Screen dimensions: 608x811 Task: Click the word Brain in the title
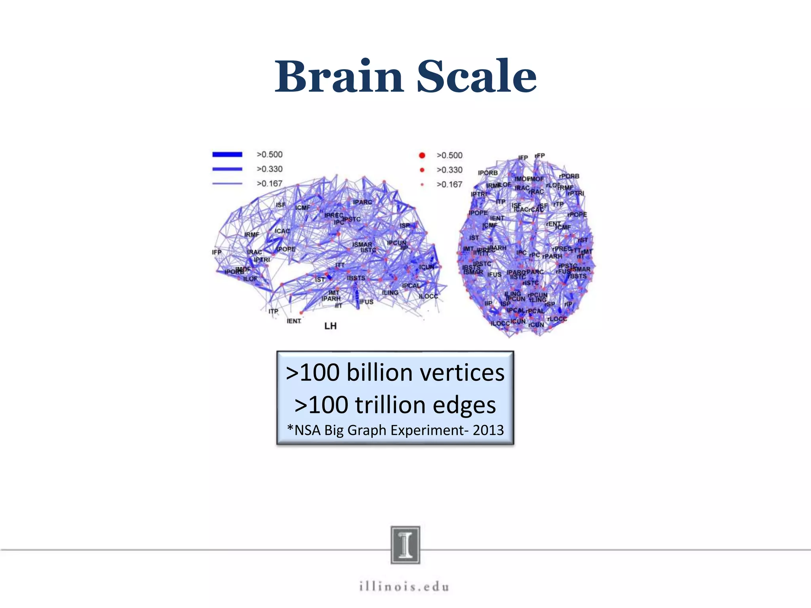point(339,76)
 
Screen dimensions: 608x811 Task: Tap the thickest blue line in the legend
point(227,154)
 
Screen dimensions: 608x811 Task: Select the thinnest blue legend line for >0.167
point(227,183)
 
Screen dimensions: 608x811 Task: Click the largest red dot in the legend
point(422,156)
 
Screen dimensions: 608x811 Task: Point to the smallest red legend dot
point(422,184)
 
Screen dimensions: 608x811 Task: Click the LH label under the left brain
point(330,326)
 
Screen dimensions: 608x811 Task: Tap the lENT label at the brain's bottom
point(294,321)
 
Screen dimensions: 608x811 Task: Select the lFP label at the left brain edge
point(217,252)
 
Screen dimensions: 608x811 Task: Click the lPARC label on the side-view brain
point(362,202)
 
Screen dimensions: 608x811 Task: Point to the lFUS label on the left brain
point(366,302)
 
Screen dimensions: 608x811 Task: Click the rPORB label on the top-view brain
point(569,176)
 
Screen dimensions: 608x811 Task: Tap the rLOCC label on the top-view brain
point(557,319)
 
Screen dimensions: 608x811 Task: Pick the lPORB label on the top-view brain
point(487,173)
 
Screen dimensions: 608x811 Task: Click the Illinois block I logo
point(405,545)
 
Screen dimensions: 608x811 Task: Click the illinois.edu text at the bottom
point(404,586)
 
